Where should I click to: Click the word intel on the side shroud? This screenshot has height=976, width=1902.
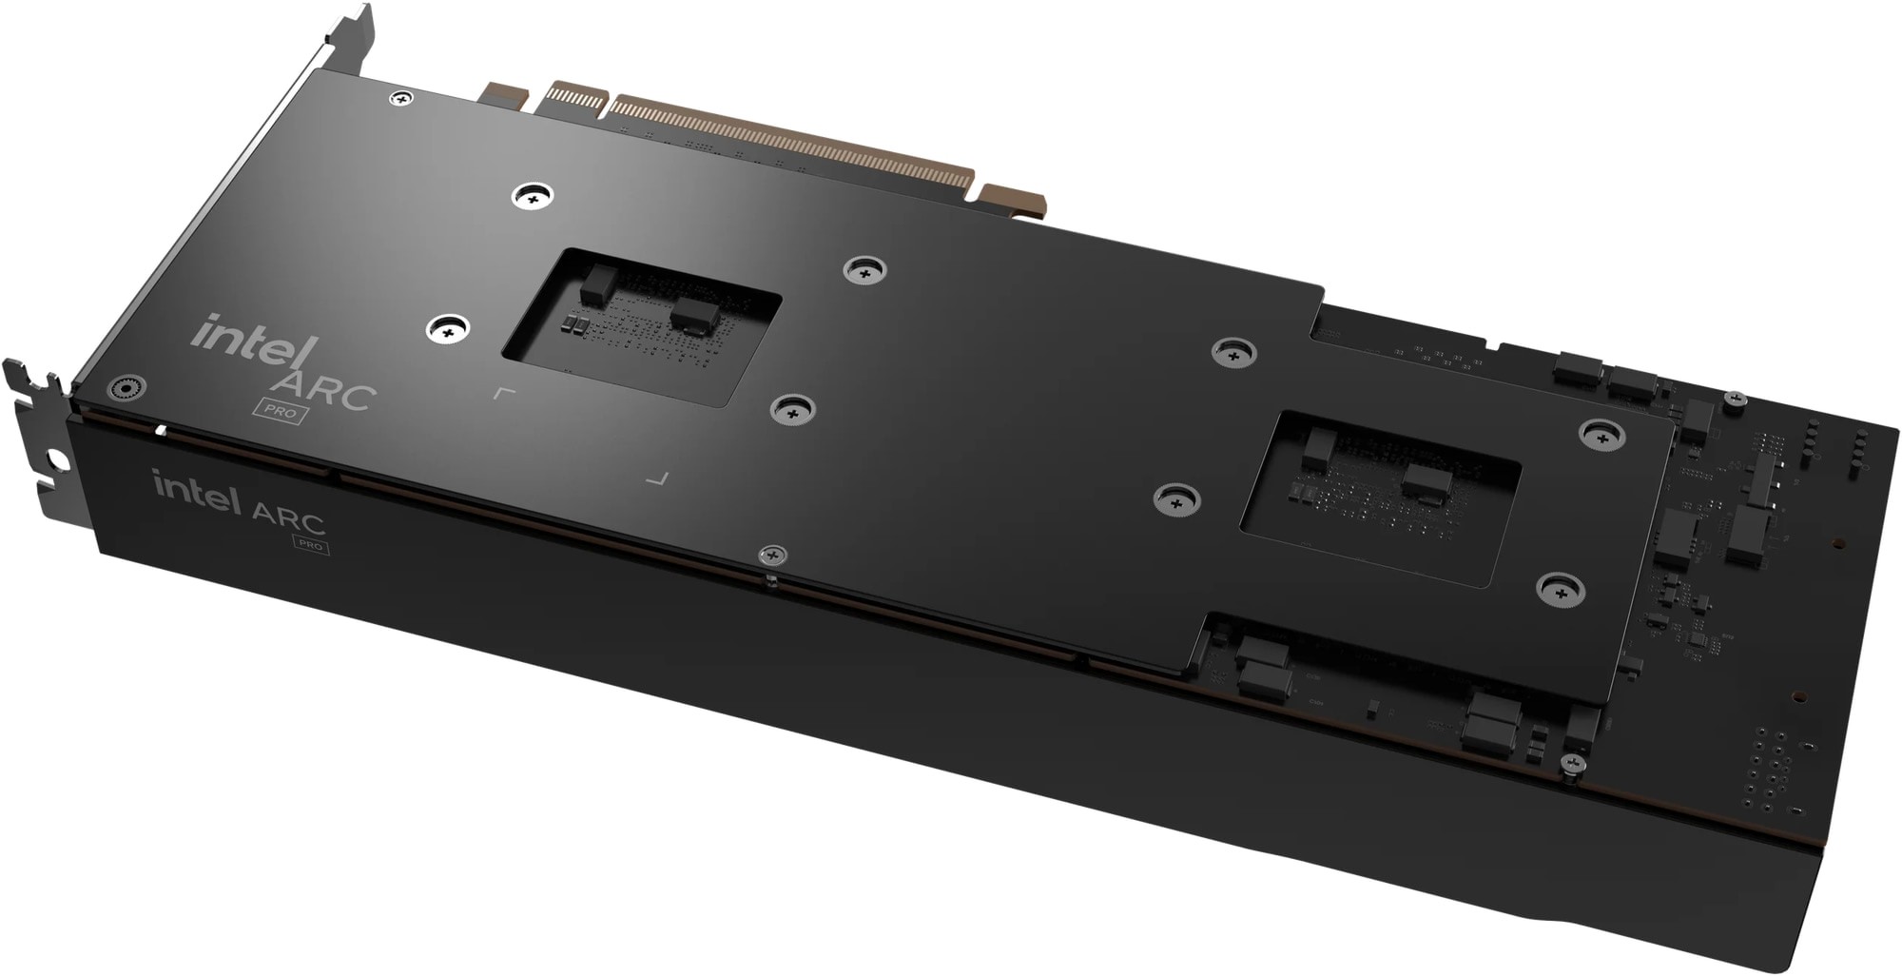197,493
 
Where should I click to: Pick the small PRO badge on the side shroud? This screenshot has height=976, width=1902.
309,545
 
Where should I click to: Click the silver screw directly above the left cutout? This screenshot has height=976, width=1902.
533,197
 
